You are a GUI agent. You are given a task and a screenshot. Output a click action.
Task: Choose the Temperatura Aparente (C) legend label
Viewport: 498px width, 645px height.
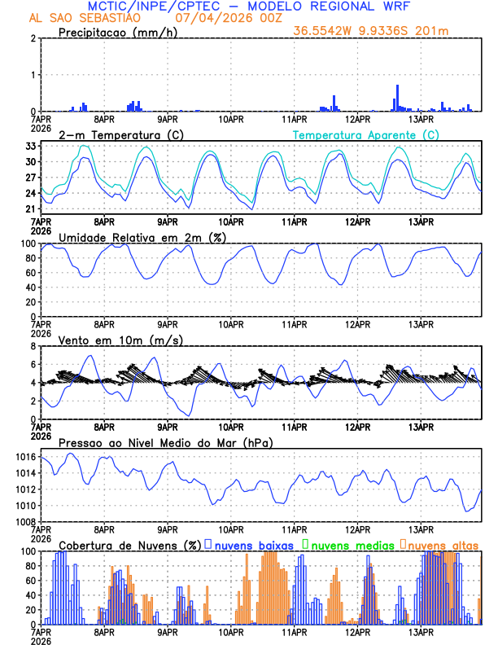coord(365,134)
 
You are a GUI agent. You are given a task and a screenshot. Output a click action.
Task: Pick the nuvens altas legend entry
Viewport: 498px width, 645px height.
coord(442,544)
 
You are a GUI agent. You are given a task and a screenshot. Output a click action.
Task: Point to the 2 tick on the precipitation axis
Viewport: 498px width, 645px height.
coord(33,38)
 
